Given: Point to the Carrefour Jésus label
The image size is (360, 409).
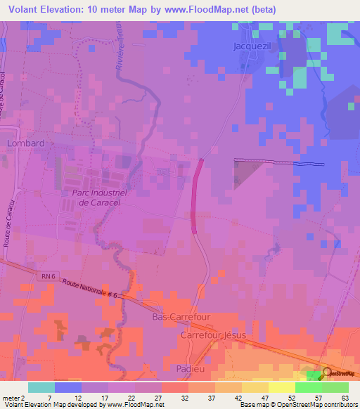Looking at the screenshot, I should coord(214,335).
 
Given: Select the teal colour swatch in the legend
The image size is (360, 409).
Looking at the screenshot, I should coord(41,387).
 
